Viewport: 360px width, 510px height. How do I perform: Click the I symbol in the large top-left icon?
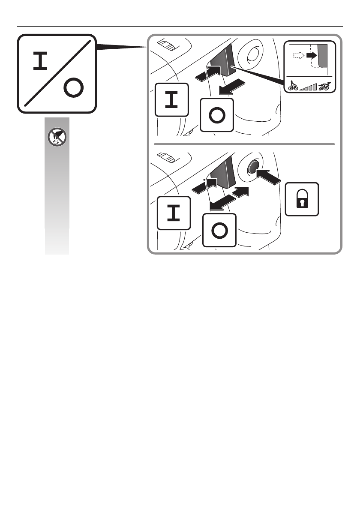pyautogui.click(x=41, y=62)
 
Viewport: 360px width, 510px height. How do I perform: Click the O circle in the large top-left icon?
pyautogui.click(x=73, y=89)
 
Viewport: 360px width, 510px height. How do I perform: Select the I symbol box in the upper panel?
pyautogui.click(x=171, y=100)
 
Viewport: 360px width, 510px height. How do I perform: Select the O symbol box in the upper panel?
pyautogui.click(x=217, y=115)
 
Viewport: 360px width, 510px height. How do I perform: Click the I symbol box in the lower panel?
pyautogui.click(x=174, y=213)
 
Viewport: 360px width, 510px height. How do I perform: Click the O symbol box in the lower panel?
pyautogui.click(x=219, y=230)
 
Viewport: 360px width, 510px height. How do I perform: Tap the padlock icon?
pyautogui.click(x=302, y=199)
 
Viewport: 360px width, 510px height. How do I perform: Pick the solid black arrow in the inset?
pyautogui.click(x=315, y=55)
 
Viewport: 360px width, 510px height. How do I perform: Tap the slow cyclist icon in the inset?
pyautogui.click(x=294, y=85)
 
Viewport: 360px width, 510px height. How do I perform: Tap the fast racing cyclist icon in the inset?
pyautogui.click(x=324, y=86)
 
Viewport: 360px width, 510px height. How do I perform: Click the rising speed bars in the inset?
pyautogui.click(x=309, y=87)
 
